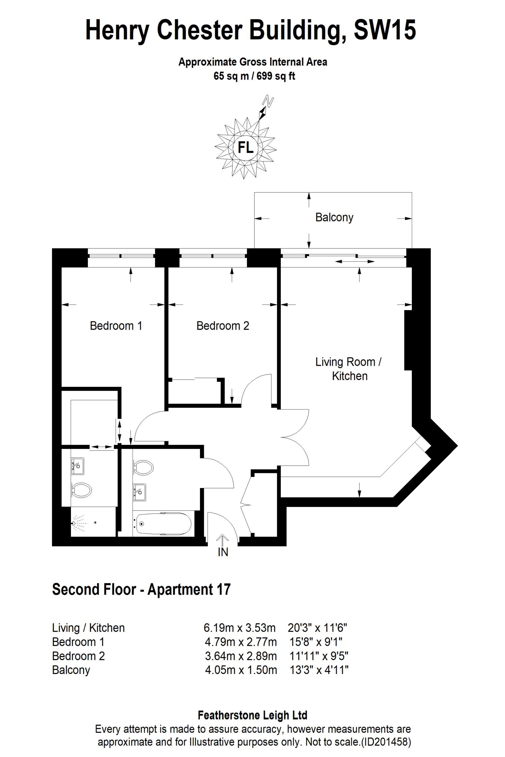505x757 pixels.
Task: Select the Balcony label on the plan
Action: click(x=334, y=218)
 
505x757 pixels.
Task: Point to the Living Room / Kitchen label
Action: click(x=349, y=369)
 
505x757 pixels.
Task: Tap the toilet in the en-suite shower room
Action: click(x=81, y=490)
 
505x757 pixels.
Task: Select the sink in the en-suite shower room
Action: click(x=77, y=466)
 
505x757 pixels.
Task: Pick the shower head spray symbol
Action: click(x=79, y=523)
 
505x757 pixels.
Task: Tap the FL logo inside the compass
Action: click(x=246, y=148)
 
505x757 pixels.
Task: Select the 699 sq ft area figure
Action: click(x=276, y=76)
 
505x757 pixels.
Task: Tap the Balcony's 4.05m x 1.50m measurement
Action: click(x=241, y=670)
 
